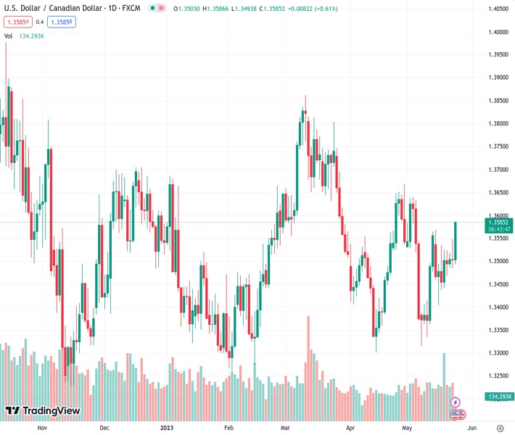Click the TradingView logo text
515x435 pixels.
51,411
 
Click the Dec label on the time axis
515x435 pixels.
104,428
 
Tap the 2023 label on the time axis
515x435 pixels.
167,428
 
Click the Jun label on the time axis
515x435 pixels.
472,428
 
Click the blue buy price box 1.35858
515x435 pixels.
62,22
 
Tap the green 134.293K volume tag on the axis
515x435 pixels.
499,397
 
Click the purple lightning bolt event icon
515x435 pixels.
456,402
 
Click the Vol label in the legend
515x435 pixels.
8,36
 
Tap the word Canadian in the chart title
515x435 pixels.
73,9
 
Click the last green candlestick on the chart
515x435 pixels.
456,240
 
